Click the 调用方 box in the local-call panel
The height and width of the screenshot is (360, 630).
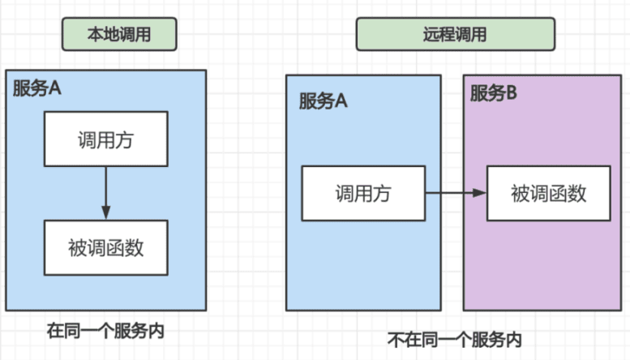(105, 139)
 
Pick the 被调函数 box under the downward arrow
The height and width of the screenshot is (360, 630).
(105, 247)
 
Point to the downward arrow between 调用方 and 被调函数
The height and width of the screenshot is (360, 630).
(105, 191)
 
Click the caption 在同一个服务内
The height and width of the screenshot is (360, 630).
(110, 331)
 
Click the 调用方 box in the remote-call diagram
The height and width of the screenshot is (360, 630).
(362, 193)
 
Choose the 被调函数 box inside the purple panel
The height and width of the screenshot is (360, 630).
(548, 193)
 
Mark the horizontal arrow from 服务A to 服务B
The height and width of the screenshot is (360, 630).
(454, 193)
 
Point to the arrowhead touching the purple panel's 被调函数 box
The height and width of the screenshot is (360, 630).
(481, 193)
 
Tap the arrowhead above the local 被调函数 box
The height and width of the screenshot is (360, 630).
(105, 214)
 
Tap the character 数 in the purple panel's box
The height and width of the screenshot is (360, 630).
(576, 193)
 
